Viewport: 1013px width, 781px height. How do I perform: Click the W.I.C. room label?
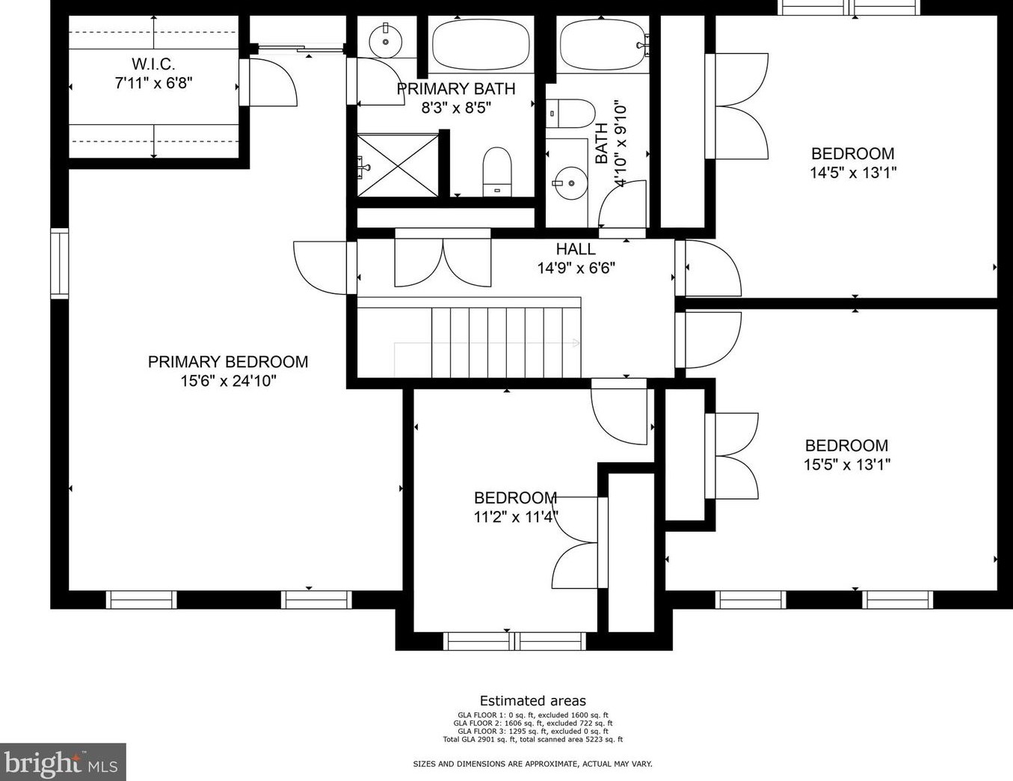point(153,64)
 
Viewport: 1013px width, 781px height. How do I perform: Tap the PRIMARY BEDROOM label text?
point(228,361)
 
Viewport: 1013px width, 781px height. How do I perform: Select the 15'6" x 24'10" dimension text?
point(229,381)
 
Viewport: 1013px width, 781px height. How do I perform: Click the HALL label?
point(576,249)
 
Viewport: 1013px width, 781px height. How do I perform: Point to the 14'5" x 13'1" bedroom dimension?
point(853,173)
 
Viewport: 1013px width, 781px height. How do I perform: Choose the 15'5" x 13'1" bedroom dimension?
point(847,465)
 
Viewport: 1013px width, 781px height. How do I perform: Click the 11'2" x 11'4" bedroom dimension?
point(516,517)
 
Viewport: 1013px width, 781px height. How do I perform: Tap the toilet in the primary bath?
point(497,172)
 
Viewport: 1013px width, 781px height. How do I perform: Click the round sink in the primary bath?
point(386,41)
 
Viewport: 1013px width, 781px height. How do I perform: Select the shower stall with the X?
point(398,165)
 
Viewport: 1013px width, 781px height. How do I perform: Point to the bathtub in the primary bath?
point(481,45)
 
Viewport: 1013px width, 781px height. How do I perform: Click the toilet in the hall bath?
point(570,113)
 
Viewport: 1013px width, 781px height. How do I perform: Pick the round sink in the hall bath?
point(570,183)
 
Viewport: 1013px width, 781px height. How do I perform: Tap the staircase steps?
point(506,342)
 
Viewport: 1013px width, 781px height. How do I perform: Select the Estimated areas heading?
point(533,701)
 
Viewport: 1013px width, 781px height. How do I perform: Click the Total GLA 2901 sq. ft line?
point(533,739)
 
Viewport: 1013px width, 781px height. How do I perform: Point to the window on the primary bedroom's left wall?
point(60,263)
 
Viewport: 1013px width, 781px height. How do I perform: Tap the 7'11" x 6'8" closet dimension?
point(153,84)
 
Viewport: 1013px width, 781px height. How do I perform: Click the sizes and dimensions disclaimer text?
point(533,764)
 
